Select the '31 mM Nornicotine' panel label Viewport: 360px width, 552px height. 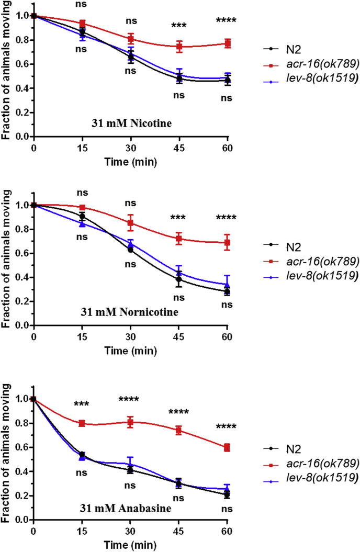[129, 313]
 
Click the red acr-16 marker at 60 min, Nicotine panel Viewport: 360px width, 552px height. [227, 43]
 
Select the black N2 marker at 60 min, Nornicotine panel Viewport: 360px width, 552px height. [227, 291]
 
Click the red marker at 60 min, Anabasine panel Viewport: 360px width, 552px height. [227, 447]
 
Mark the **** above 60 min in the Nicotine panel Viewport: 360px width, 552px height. [227, 21]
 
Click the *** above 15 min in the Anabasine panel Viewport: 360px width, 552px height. [82, 404]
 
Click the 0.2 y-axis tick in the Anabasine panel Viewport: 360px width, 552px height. [21, 495]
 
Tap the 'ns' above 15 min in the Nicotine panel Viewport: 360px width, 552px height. [82, 5]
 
